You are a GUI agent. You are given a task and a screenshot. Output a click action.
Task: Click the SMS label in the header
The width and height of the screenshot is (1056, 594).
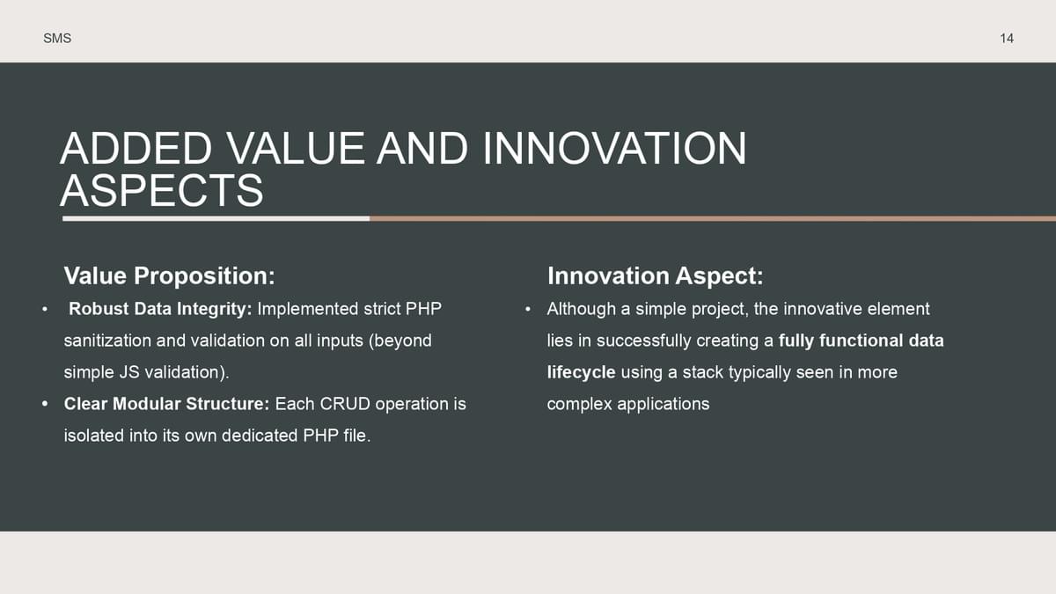point(57,38)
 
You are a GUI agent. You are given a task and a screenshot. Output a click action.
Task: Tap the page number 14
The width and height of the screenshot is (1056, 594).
point(1007,38)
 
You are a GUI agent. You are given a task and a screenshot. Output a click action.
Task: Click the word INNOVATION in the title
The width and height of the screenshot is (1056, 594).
point(615,149)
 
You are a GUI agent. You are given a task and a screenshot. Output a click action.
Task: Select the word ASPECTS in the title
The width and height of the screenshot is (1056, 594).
point(162,190)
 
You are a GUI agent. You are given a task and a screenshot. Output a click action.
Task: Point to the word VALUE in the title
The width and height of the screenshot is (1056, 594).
point(296,149)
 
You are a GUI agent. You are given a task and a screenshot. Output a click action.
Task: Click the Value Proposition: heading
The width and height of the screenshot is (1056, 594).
point(169,275)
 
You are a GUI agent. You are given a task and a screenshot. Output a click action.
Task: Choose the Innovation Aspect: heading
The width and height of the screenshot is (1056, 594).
point(656,275)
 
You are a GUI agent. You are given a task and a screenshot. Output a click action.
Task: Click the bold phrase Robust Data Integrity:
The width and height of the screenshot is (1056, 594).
point(160,309)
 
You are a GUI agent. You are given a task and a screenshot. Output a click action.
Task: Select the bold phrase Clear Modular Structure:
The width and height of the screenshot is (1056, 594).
point(166,404)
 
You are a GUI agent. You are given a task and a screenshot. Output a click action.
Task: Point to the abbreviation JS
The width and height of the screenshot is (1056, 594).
point(128,372)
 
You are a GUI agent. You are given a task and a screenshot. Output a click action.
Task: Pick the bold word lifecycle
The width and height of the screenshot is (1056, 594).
point(582,372)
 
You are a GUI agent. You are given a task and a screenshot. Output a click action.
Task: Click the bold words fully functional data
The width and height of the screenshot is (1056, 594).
point(862,341)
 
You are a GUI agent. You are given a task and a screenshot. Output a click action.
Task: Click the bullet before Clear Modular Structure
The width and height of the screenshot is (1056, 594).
point(45,404)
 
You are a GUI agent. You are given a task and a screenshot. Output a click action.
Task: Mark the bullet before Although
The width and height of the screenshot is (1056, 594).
point(528,309)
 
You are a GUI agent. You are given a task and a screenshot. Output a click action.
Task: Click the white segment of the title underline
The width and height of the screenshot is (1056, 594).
point(216,219)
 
